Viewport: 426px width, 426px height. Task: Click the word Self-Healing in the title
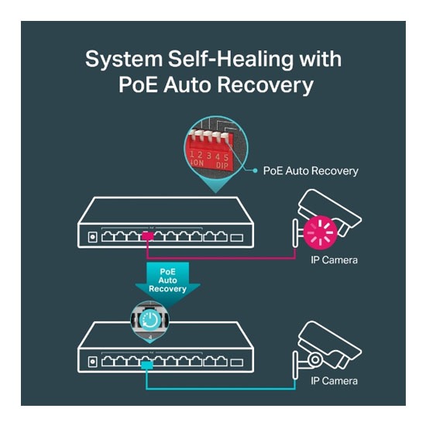coord(231,60)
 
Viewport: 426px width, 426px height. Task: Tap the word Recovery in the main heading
coord(265,85)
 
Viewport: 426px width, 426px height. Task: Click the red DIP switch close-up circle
coord(216,148)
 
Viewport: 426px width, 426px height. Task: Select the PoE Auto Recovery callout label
coord(311,171)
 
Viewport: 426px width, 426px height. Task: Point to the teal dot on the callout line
coord(255,170)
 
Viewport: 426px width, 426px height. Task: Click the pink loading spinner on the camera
coord(321,233)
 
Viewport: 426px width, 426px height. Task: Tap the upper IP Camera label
coord(334,260)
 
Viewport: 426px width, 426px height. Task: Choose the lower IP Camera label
coord(334,381)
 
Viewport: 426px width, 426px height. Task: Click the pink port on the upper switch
coord(147,236)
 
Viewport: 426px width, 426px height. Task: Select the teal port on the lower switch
coord(147,365)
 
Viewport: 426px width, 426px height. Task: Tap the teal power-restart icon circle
coord(150,320)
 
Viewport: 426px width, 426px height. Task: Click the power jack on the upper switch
coord(93,237)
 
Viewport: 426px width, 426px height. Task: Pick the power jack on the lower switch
coord(93,362)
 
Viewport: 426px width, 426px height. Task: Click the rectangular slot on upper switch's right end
coord(237,238)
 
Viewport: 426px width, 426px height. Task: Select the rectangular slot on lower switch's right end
coord(237,362)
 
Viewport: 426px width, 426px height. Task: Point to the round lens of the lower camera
coord(315,359)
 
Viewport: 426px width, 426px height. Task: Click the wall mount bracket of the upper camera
coord(295,233)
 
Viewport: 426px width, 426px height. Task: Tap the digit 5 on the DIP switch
coord(226,157)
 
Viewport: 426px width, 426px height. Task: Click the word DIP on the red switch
coord(222,165)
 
